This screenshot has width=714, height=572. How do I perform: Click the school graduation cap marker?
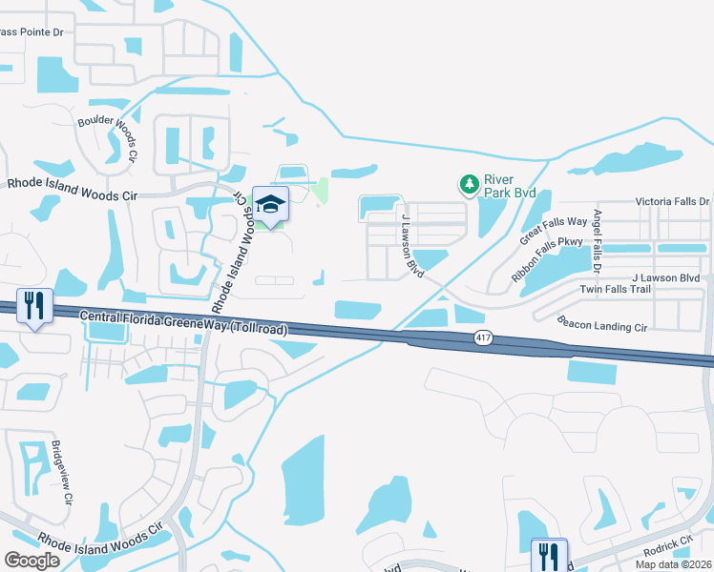point(271,205)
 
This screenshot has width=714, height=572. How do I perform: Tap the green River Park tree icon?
point(469,183)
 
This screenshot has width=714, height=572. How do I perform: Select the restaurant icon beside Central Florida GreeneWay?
point(34,306)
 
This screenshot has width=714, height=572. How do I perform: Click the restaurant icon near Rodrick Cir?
point(549,555)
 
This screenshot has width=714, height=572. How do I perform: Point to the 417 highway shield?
point(484,338)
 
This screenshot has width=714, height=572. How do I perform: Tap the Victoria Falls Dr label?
point(673,202)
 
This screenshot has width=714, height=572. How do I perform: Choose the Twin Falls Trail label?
point(615,289)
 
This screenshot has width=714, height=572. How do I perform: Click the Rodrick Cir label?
point(666,542)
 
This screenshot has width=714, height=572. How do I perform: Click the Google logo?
point(33,560)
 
